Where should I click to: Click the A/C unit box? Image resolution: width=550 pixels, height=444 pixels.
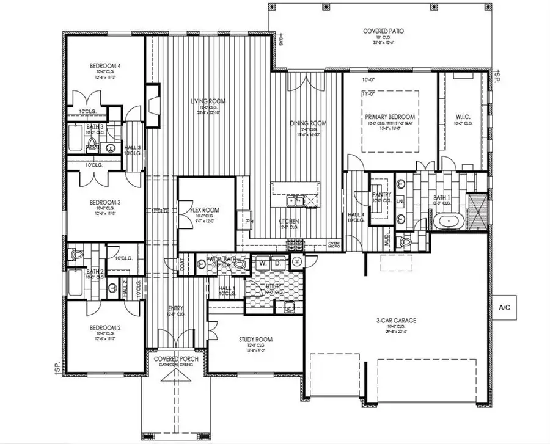pos(504,307)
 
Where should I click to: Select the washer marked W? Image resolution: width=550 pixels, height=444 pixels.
pos(262,262)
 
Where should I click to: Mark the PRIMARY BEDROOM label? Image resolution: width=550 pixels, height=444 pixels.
pos(390,117)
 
